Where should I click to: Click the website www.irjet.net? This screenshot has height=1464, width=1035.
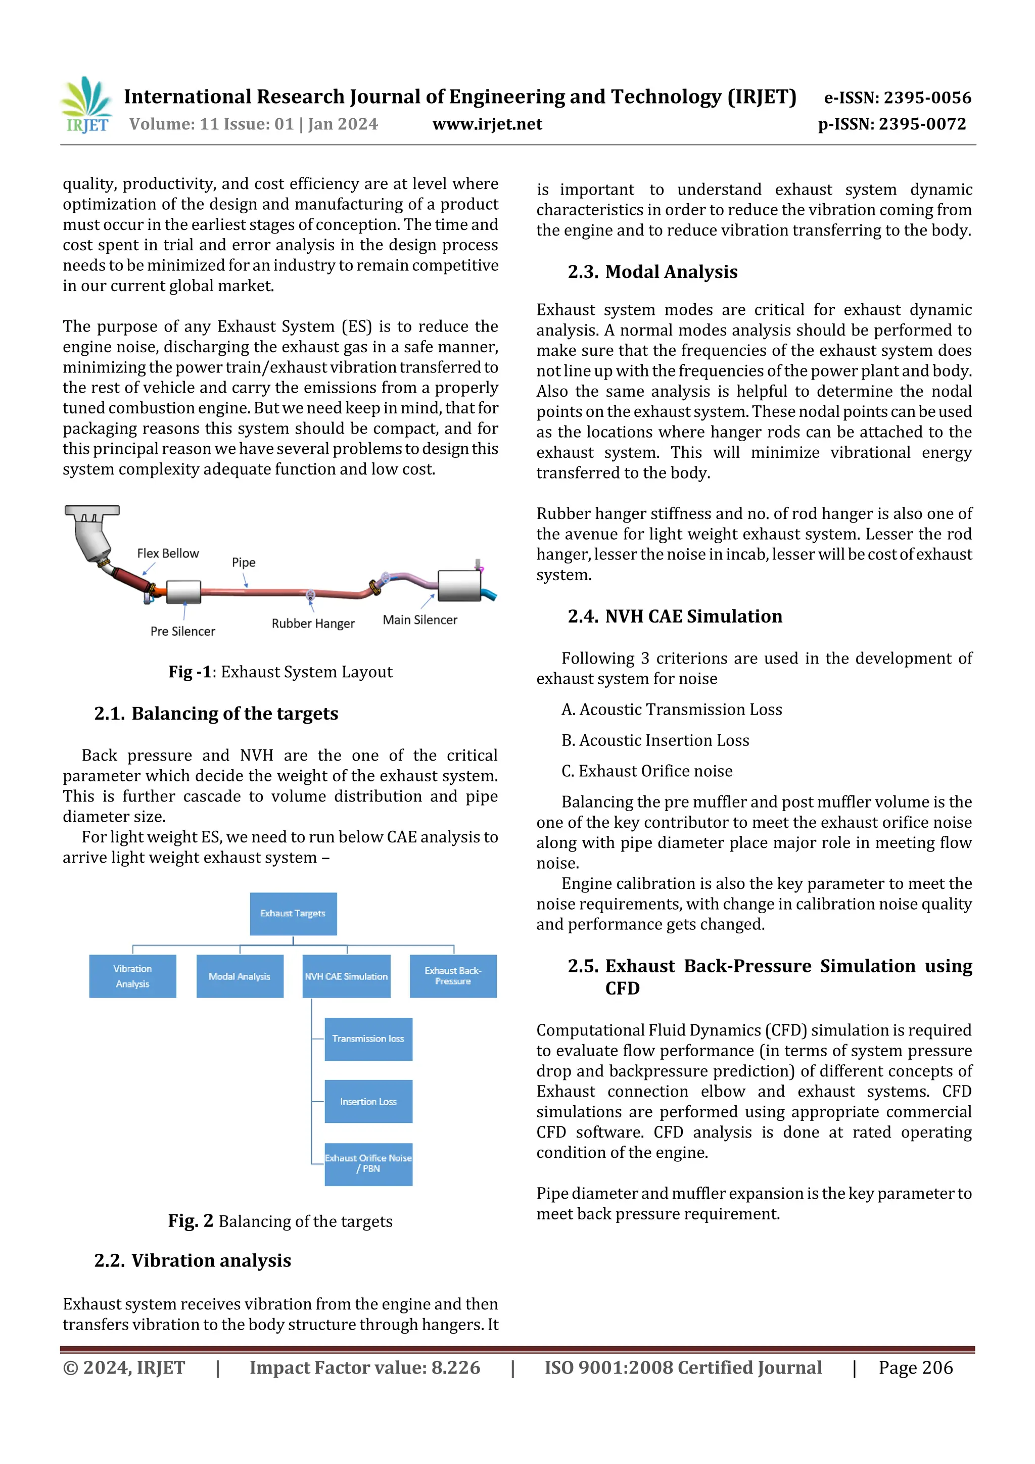[487, 124]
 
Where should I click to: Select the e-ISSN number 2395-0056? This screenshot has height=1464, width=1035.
[897, 98]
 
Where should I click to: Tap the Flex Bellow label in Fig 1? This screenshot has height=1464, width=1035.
[168, 553]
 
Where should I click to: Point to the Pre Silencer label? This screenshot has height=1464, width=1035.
[182, 631]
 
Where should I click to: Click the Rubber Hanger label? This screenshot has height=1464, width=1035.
[312, 624]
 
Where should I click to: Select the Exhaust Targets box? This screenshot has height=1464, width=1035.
[293, 914]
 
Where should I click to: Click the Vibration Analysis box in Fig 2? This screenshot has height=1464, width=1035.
[132, 976]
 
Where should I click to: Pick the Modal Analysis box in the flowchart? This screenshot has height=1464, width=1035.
[239, 976]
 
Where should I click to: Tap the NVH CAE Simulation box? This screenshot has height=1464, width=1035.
[346, 976]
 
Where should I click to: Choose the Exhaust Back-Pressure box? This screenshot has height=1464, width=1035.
[453, 976]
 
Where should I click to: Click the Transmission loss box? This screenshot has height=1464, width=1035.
[368, 1038]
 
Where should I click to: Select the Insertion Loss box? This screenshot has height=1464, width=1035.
[368, 1101]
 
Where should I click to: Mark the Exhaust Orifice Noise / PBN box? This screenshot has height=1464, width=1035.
[368, 1164]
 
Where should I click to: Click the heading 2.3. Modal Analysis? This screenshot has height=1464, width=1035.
[652, 272]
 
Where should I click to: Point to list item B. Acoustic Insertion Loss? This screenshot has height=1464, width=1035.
[655, 740]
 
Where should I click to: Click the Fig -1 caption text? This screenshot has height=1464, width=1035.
[280, 672]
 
